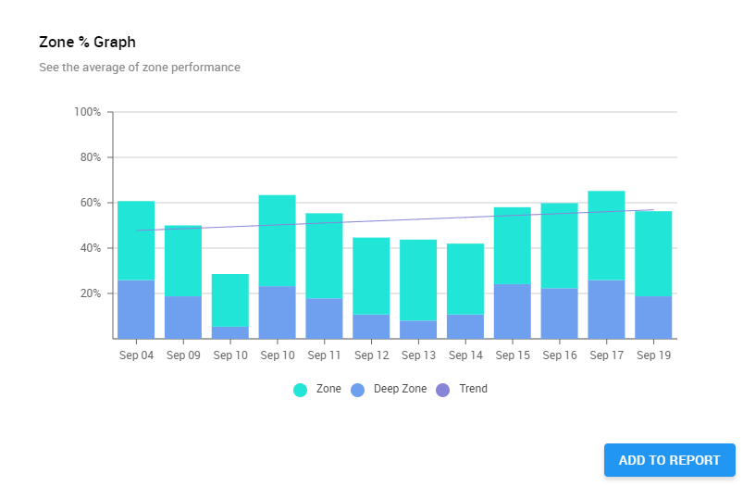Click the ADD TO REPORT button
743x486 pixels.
click(669, 460)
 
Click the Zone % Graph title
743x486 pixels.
click(88, 43)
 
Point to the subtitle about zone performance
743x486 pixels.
click(140, 68)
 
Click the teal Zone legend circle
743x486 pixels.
click(300, 390)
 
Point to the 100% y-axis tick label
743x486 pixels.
click(87, 112)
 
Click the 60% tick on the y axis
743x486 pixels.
click(90, 203)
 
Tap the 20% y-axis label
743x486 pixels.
click(90, 293)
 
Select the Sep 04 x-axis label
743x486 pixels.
click(136, 355)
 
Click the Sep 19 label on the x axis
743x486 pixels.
click(653, 355)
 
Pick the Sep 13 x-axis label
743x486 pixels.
click(418, 355)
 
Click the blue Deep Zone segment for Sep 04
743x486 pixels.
click(136, 309)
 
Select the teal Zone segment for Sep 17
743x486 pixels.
click(606, 235)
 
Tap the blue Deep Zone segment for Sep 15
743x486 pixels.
click(512, 311)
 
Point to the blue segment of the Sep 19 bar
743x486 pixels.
click(653, 317)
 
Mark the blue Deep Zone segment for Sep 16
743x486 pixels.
click(559, 313)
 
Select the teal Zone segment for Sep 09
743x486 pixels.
click(183, 260)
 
